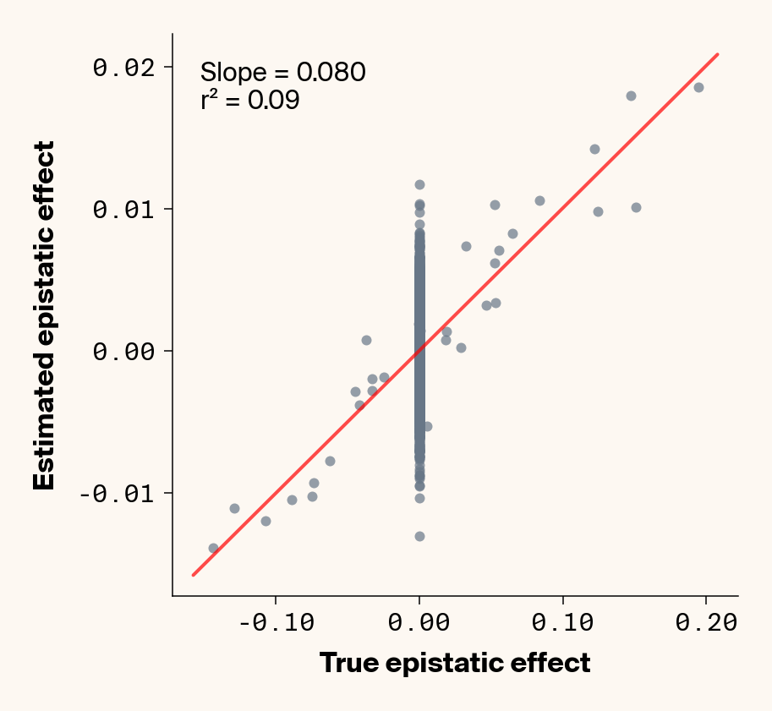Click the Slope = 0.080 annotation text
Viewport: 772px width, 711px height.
tap(282, 72)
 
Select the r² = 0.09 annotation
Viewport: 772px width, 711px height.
tap(249, 101)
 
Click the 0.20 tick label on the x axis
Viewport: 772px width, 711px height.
tap(706, 624)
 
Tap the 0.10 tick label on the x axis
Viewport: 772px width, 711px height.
tap(562, 624)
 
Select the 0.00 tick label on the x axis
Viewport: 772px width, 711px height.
tap(419, 624)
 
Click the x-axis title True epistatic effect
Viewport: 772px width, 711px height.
tap(454, 663)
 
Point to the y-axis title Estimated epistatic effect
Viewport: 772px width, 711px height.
tap(44, 315)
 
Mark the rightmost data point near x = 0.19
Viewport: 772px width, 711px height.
tap(698, 87)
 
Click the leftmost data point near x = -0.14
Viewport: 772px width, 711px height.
tap(213, 548)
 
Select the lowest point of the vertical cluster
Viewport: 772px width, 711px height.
tap(419, 536)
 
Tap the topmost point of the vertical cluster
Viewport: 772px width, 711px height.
tap(419, 184)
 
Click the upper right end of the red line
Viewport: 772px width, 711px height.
tap(718, 54)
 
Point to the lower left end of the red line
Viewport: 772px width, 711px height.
tap(193, 575)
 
